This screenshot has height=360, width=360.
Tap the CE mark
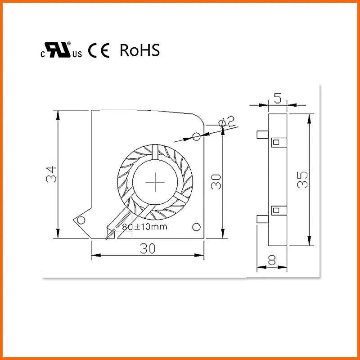coord(99,50)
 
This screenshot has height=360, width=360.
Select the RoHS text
coord(139,50)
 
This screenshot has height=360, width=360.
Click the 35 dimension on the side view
coord(303,180)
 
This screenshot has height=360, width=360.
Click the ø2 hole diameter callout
coord(227,122)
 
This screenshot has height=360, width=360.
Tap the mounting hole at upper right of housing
coord(196,136)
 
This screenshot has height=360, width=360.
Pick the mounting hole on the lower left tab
coord(81,220)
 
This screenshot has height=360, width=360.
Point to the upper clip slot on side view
coord(276,143)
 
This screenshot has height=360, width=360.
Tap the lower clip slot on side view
coord(276,209)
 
